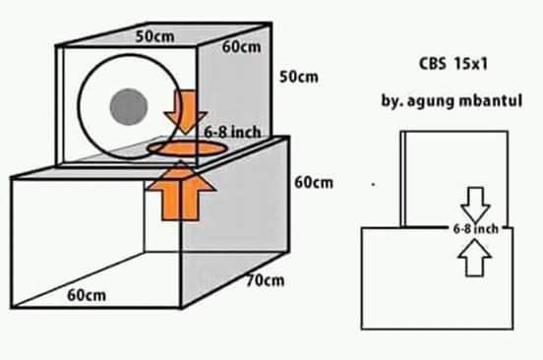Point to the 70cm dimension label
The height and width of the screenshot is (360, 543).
pyautogui.click(x=265, y=280)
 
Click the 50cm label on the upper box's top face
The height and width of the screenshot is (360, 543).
pyautogui.click(x=154, y=36)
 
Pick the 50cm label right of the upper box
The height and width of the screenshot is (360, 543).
pyautogui.click(x=300, y=76)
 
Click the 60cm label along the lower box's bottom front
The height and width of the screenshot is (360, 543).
pyautogui.click(x=88, y=294)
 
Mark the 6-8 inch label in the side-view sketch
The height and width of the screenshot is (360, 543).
pyautogui.click(x=475, y=228)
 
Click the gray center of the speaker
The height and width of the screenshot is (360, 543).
pyautogui.click(x=128, y=103)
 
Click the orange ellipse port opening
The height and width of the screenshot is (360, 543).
pyautogui.click(x=187, y=148)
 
